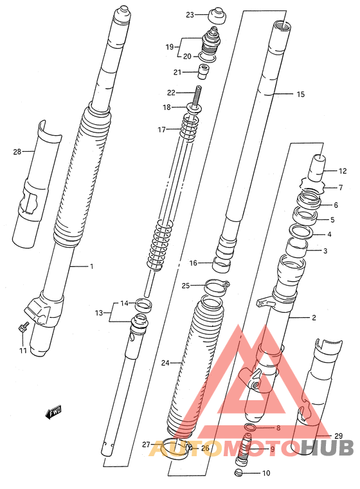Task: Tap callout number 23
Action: pyautogui.click(x=190, y=15)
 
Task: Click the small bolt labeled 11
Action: pyautogui.click(x=23, y=327)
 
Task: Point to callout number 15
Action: pyautogui.click(x=300, y=94)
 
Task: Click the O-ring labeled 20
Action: pyautogui.click(x=206, y=57)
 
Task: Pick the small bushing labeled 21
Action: pyautogui.click(x=203, y=71)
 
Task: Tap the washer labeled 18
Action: pyautogui.click(x=195, y=109)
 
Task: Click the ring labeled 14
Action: pyautogui.click(x=144, y=305)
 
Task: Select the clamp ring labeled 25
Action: pyautogui.click(x=217, y=287)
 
